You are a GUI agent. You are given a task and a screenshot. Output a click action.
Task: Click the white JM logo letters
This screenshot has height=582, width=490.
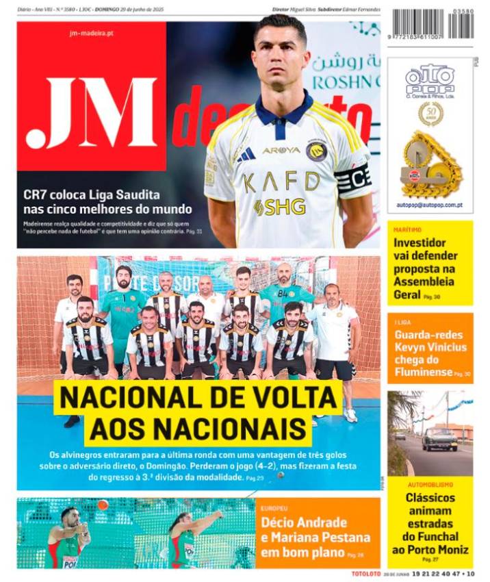(92, 114)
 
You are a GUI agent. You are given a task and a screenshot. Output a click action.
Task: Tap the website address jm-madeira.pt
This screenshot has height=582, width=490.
(92, 33)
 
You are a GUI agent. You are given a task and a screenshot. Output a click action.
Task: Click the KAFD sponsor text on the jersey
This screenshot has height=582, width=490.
(282, 182)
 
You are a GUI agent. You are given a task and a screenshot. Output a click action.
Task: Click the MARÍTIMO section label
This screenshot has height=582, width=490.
(408, 230)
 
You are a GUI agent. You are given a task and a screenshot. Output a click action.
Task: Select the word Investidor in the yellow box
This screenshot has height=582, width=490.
(420, 242)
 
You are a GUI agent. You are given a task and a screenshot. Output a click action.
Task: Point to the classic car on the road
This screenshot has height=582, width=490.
(439, 438)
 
